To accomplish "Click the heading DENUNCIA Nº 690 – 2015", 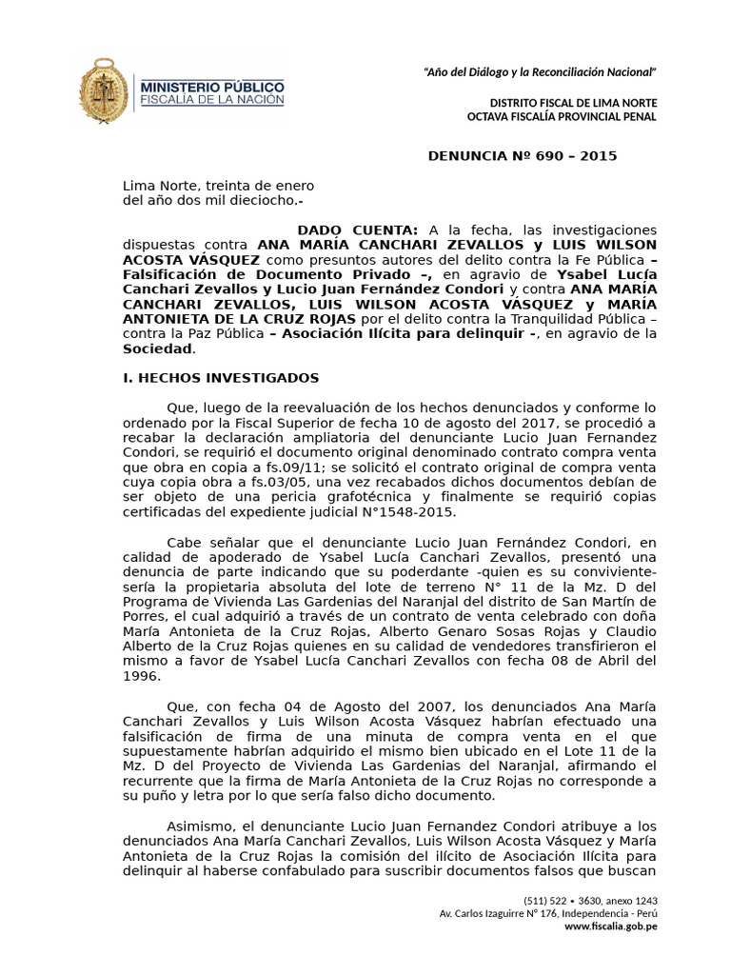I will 523,156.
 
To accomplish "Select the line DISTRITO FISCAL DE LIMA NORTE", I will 573,102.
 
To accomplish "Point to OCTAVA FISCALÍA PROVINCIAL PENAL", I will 562,116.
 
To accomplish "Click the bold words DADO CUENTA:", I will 357,230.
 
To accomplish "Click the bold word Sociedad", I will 157,348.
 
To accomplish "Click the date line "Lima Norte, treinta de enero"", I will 218,186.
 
